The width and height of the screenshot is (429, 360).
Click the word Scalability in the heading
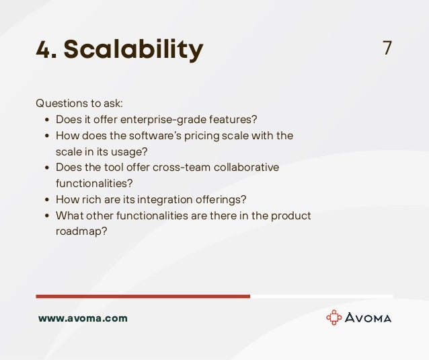[x=134, y=49]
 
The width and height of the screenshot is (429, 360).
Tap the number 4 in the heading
[x=46, y=49]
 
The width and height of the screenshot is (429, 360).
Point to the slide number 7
[x=387, y=48]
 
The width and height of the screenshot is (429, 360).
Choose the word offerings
[x=221, y=199]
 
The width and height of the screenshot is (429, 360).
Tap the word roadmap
[x=81, y=231]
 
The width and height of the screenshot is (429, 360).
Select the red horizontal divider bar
[x=143, y=296]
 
